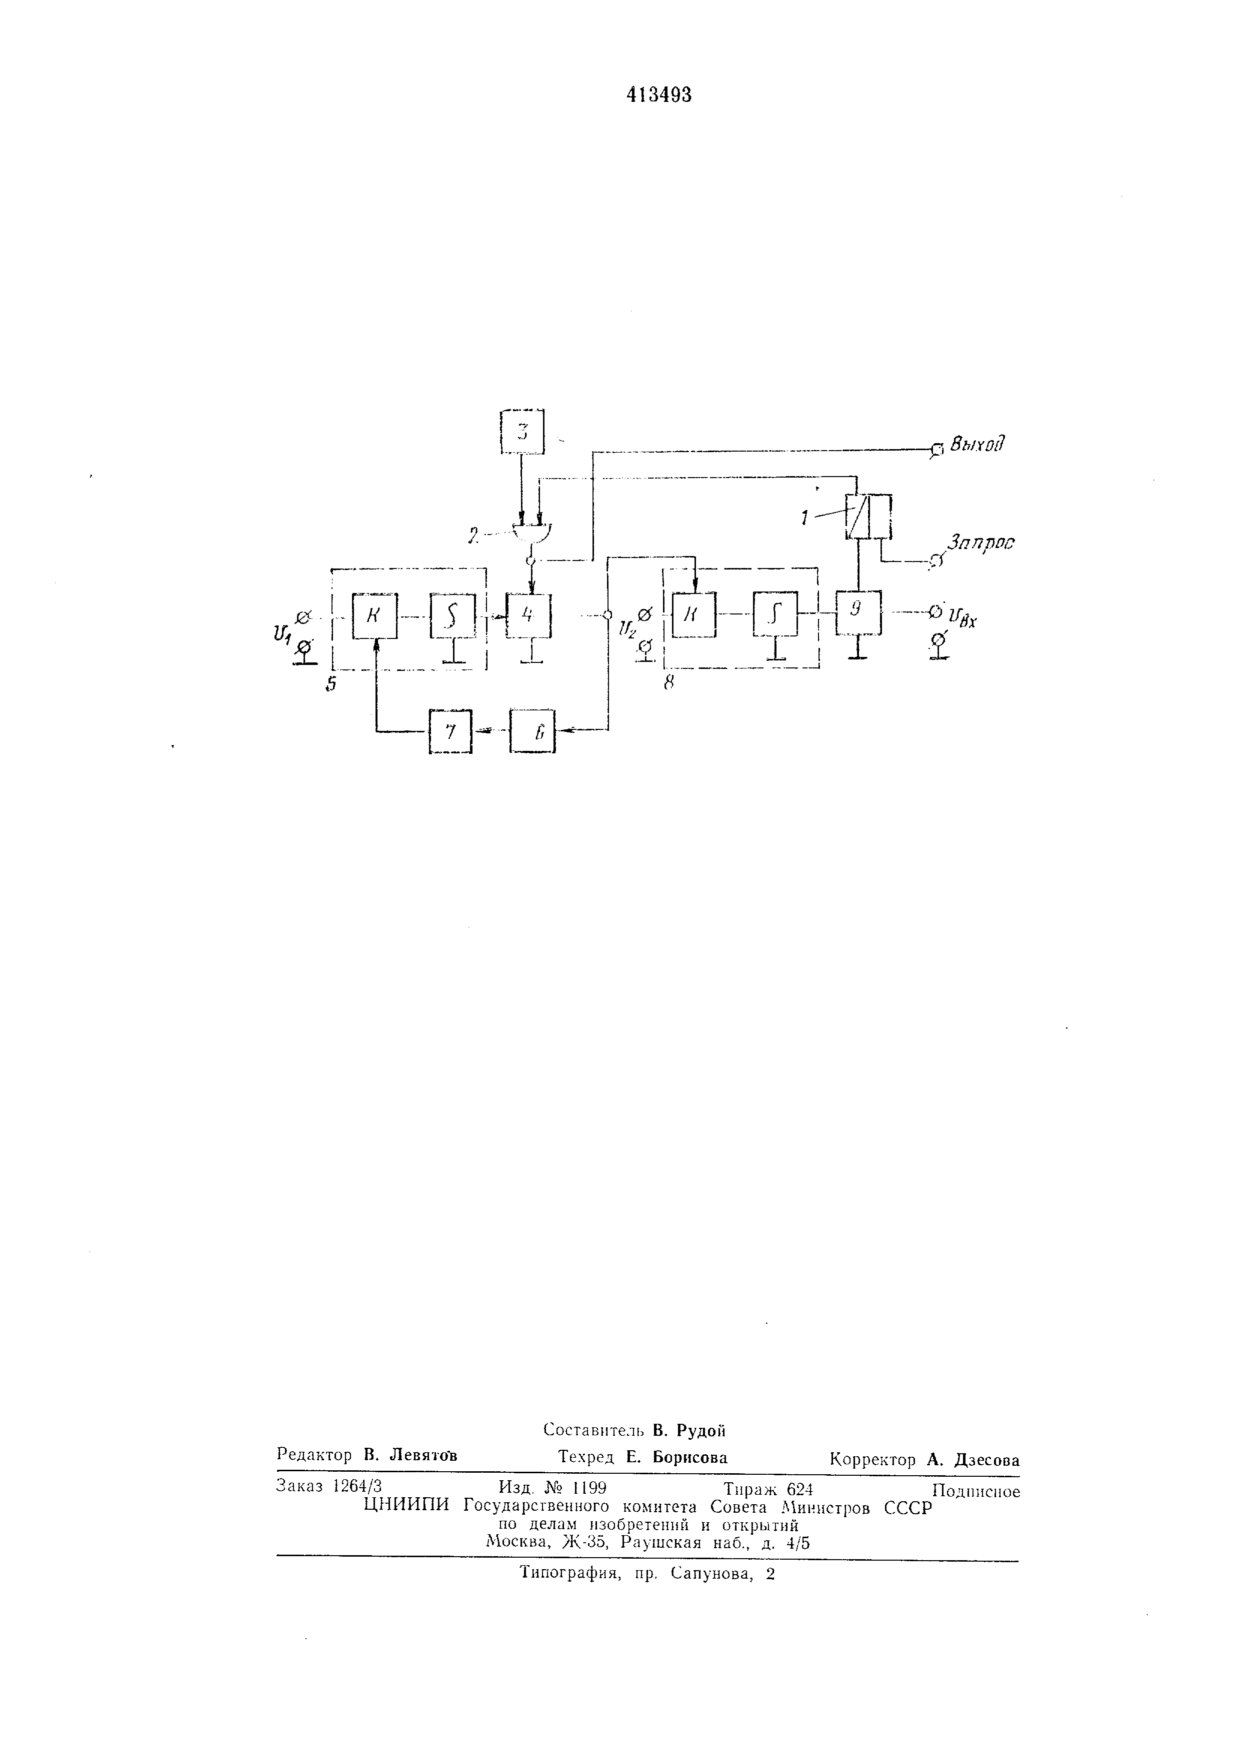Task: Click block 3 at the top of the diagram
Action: coord(522,432)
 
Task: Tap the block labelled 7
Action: coord(450,731)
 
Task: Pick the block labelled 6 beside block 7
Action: coord(532,731)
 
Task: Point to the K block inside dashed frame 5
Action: coord(374,615)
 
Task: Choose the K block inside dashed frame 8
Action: coord(694,614)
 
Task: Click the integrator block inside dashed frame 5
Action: coord(452,615)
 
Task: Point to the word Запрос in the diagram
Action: coord(980,544)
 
